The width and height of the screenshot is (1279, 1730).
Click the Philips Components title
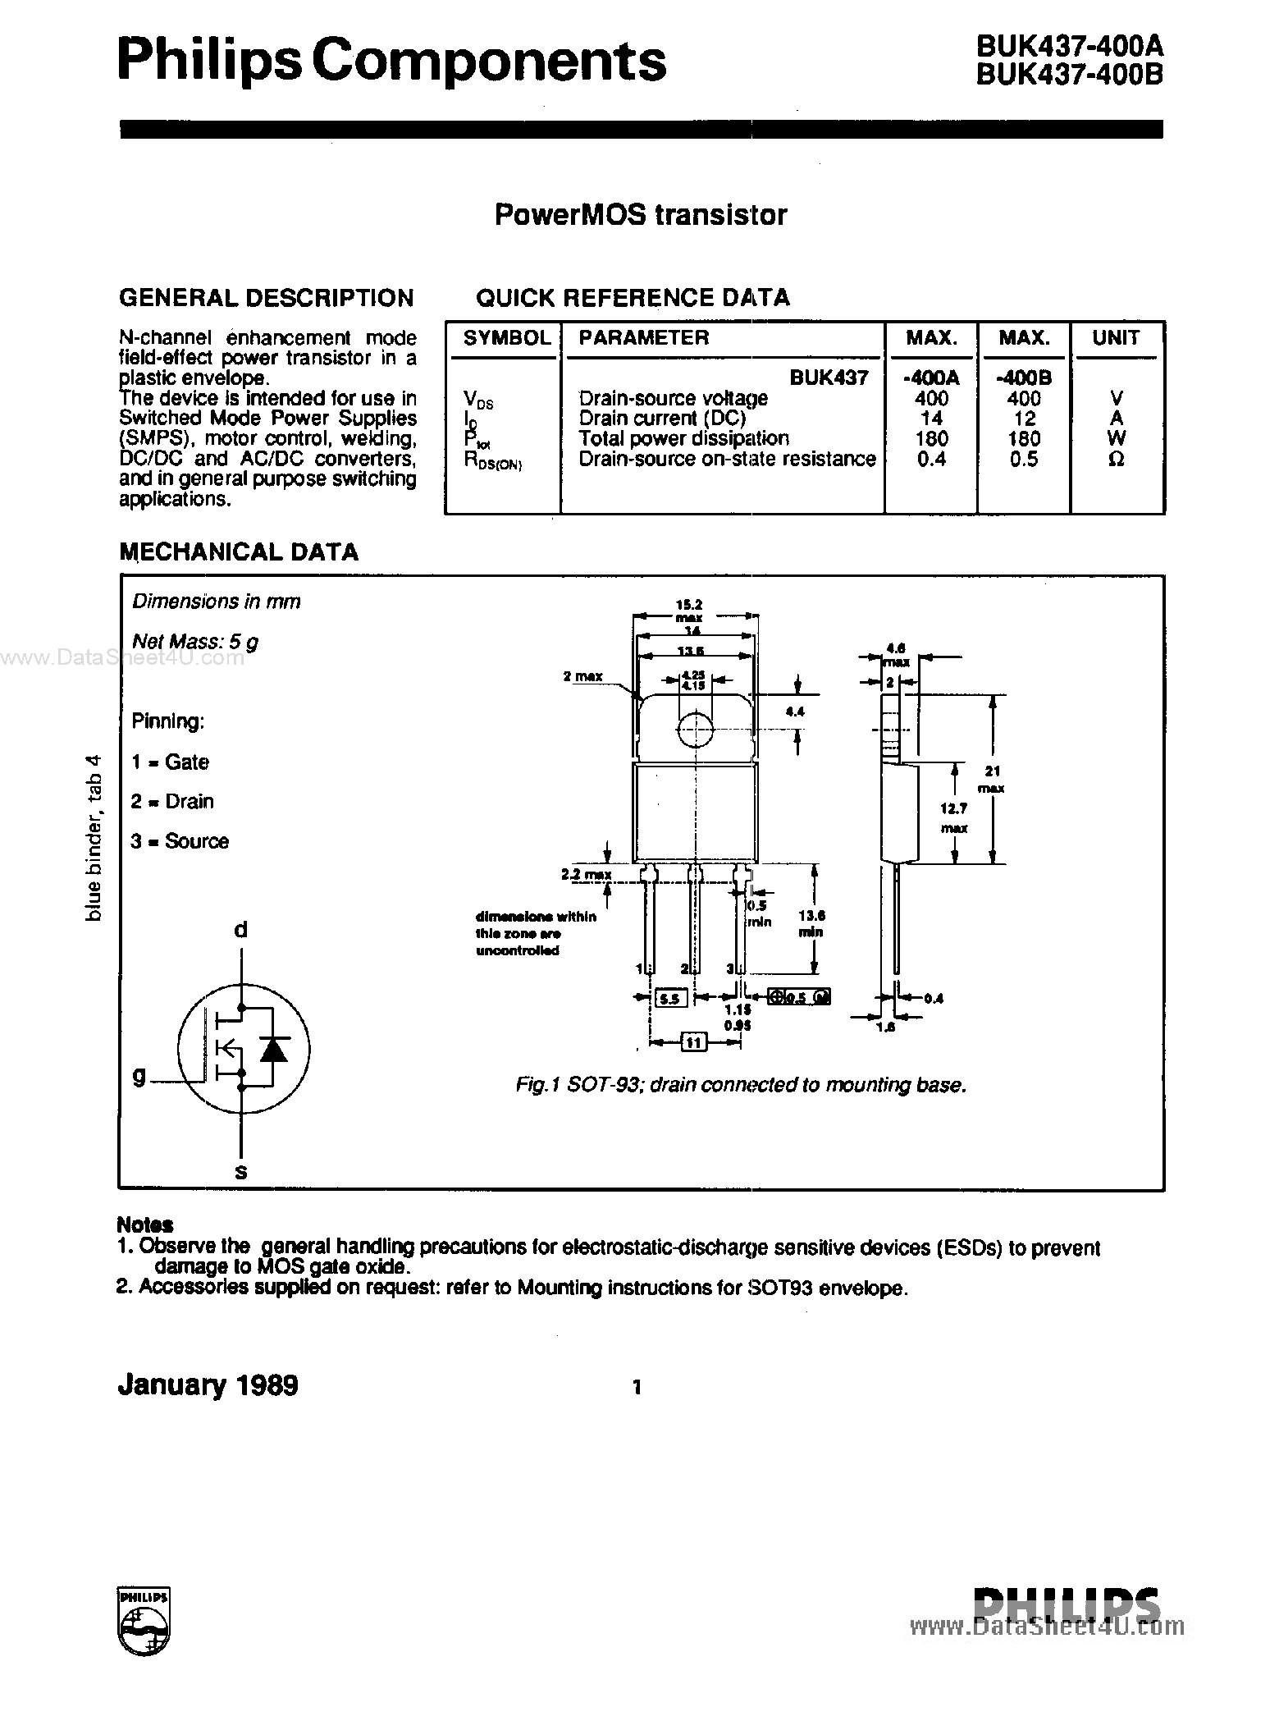click(x=391, y=62)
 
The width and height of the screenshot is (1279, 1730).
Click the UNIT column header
click(x=1116, y=338)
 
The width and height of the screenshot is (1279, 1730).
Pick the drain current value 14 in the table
click(x=931, y=418)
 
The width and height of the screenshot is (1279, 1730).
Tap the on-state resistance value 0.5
click(x=1024, y=459)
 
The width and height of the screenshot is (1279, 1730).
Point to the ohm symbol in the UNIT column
click(x=1116, y=460)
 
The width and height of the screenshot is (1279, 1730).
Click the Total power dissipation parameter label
click(x=683, y=438)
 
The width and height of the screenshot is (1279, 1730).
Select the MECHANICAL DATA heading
click(x=239, y=551)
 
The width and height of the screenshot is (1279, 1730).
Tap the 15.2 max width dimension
click(x=694, y=611)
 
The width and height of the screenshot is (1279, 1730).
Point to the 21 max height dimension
click(x=993, y=779)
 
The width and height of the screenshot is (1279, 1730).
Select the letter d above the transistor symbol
click(x=240, y=930)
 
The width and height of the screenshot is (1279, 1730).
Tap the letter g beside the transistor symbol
click(x=139, y=1074)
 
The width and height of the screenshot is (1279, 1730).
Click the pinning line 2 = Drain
click(x=172, y=801)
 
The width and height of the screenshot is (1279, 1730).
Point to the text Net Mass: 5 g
click(x=195, y=642)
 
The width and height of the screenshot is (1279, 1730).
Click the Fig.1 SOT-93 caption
click(x=741, y=1085)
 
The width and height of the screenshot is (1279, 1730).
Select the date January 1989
click(x=208, y=1386)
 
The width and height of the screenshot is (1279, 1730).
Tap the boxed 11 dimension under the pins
click(x=694, y=1043)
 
